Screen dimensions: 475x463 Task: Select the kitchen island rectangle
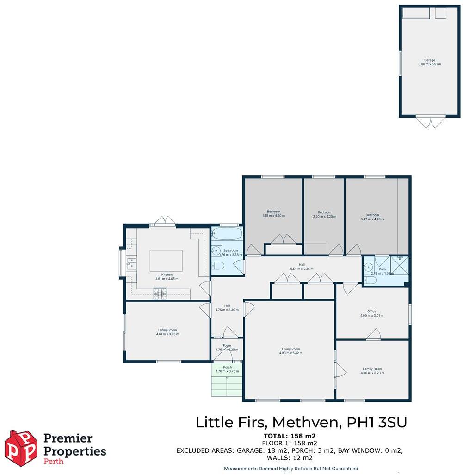[166, 261]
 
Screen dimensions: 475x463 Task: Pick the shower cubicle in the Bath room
[399, 264]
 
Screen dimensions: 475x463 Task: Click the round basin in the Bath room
[369, 267]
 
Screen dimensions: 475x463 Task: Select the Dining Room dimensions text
[167, 334]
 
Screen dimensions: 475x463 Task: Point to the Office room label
[372, 312]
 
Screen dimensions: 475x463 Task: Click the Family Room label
[372, 369]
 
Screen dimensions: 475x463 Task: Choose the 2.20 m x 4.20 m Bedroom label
[324, 214]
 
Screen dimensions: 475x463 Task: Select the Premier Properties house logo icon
[21, 448]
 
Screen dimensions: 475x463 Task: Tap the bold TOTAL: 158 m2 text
[290, 436]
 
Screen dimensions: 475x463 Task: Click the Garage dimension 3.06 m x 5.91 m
[430, 64]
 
